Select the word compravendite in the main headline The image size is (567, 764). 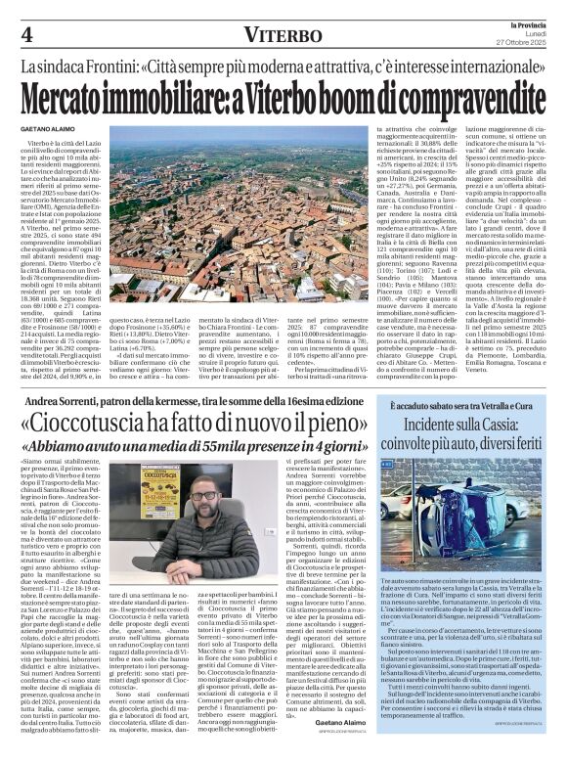point(463,96)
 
